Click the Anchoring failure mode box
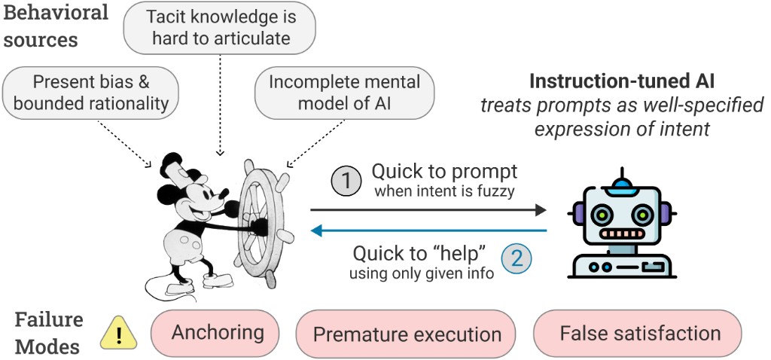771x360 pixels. tap(218, 333)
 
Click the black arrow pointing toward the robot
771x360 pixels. tap(429, 209)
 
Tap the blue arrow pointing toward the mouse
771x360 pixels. tap(429, 230)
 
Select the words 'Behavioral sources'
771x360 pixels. tap(56, 26)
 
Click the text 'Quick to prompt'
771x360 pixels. tap(445, 170)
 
